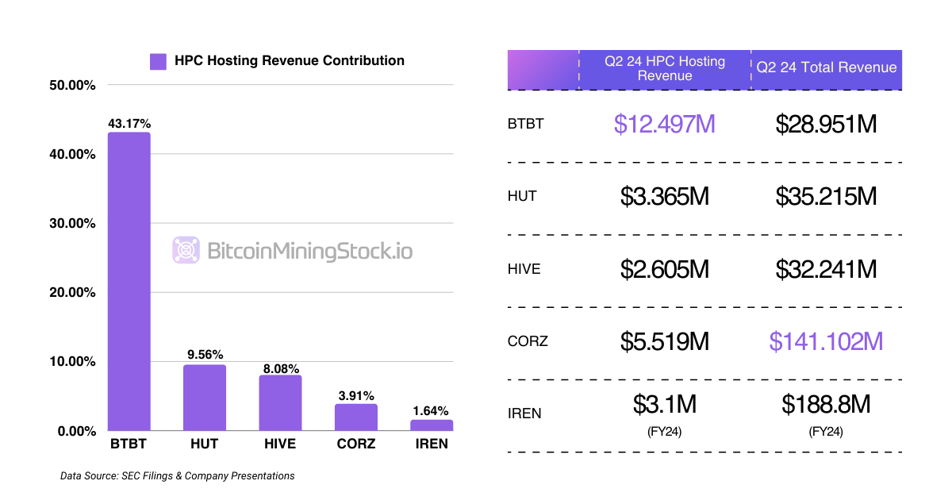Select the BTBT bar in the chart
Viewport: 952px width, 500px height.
pos(129,281)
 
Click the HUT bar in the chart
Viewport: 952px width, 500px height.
pos(205,398)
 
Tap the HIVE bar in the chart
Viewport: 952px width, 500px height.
pos(280,402)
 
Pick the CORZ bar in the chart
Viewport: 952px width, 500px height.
pos(356,417)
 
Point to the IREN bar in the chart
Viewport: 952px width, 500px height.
pos(432,425)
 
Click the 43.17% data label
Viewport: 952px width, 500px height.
pos(129,124)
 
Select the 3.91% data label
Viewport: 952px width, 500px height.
pos(356,395)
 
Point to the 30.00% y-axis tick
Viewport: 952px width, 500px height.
pos(72,223)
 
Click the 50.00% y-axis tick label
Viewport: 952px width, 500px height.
pos(72,84)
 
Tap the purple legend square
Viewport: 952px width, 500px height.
pos(159,61)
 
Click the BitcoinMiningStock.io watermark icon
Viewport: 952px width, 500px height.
pos(186,251)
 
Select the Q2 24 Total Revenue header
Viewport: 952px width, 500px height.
pos(826,67)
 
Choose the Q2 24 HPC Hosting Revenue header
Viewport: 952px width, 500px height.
pos(665,69)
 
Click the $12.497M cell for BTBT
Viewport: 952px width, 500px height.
pos(665,124)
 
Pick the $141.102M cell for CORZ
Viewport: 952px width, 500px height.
pos(826,341)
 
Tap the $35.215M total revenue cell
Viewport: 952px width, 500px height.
pos(826,196)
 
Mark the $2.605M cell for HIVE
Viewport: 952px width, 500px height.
pos(665,269)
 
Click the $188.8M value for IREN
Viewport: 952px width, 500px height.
pos(826,405)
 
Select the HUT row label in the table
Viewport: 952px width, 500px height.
pos(522,196)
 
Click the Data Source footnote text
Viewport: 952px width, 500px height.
pos(178,476)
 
